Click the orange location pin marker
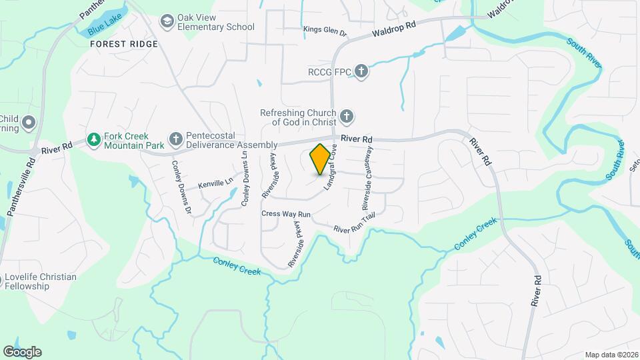tap(321, 159)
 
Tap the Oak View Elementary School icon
tap(166, 23)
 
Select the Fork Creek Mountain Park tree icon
tap(94, 140)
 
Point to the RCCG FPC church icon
tap(361, 71)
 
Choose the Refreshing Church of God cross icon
tap(346, 117)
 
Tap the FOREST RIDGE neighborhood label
tap(125, 44)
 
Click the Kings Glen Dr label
tap(325, 30)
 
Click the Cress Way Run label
tap(286, 214)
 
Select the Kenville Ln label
tap(215, 181)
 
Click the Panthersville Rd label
tap(21, 187)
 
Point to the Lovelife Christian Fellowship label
tap(41, 281)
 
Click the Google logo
tap(22, 351)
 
